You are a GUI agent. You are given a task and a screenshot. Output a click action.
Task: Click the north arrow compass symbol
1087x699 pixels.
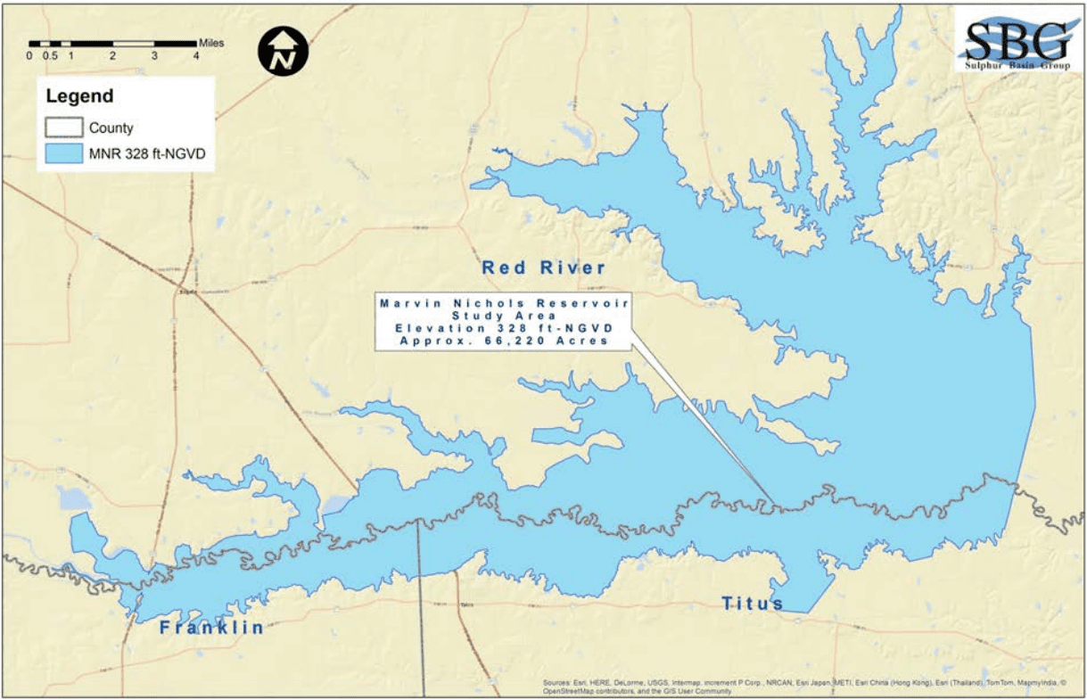point(283,51)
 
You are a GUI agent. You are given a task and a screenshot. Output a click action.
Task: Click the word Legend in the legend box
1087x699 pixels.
point(79,96)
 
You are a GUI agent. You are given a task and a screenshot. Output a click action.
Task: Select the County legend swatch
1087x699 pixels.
point(63,127)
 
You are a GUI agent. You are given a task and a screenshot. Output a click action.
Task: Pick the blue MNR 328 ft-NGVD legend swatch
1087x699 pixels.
point(63,153)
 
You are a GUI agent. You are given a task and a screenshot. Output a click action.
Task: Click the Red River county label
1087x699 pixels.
point(543,267)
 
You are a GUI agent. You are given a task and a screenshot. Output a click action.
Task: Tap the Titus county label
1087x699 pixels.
point(752,604)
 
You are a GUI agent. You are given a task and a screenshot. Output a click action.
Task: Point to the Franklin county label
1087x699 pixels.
point(211,628)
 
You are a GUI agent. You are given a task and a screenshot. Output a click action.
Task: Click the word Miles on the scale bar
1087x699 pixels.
point(211,42)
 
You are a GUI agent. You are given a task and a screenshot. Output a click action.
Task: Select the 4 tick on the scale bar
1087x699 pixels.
point(196,55)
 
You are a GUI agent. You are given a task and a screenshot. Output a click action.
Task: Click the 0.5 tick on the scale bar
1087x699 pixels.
point(51,55)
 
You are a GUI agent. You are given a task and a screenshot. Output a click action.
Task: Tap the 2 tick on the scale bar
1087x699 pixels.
point(112,55)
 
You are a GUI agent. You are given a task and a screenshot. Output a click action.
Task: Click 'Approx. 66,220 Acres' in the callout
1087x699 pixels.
point(503,341)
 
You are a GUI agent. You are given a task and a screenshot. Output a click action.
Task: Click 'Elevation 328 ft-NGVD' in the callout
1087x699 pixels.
point(503,328)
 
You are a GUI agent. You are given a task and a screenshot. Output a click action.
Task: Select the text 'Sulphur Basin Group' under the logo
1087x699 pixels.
point(1017,67)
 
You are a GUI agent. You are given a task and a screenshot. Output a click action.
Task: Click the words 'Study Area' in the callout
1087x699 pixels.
point(503,316)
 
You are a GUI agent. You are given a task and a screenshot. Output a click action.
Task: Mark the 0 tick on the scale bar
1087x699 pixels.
point(29,55)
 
